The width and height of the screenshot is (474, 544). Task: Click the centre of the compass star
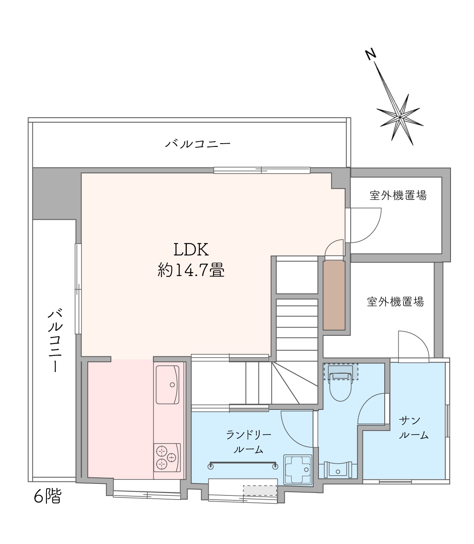pyautogui.click(x=400, y=117)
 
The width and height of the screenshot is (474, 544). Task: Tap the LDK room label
pyautogui.click(x=191, y=249)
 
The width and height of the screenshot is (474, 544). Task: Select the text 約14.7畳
pyautogui.click(x=191, y=270)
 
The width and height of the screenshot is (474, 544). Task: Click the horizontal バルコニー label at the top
pyautogui.click(x=198, y=144)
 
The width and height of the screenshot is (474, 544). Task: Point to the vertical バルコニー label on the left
pyautogui.click(x=55, y=340)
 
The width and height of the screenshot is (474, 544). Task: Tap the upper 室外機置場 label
pyautogui.click(x=398, y=195)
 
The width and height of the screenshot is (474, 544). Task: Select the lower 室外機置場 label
pyautogui.click(x=395, y=302)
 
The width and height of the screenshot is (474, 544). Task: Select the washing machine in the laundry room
pyautogui.click(x=298, y=470)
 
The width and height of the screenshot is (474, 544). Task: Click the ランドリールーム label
pyautogui.click(x=249, y=442)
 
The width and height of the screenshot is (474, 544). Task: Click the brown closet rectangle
pyautogui.click(x=334, y=295)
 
